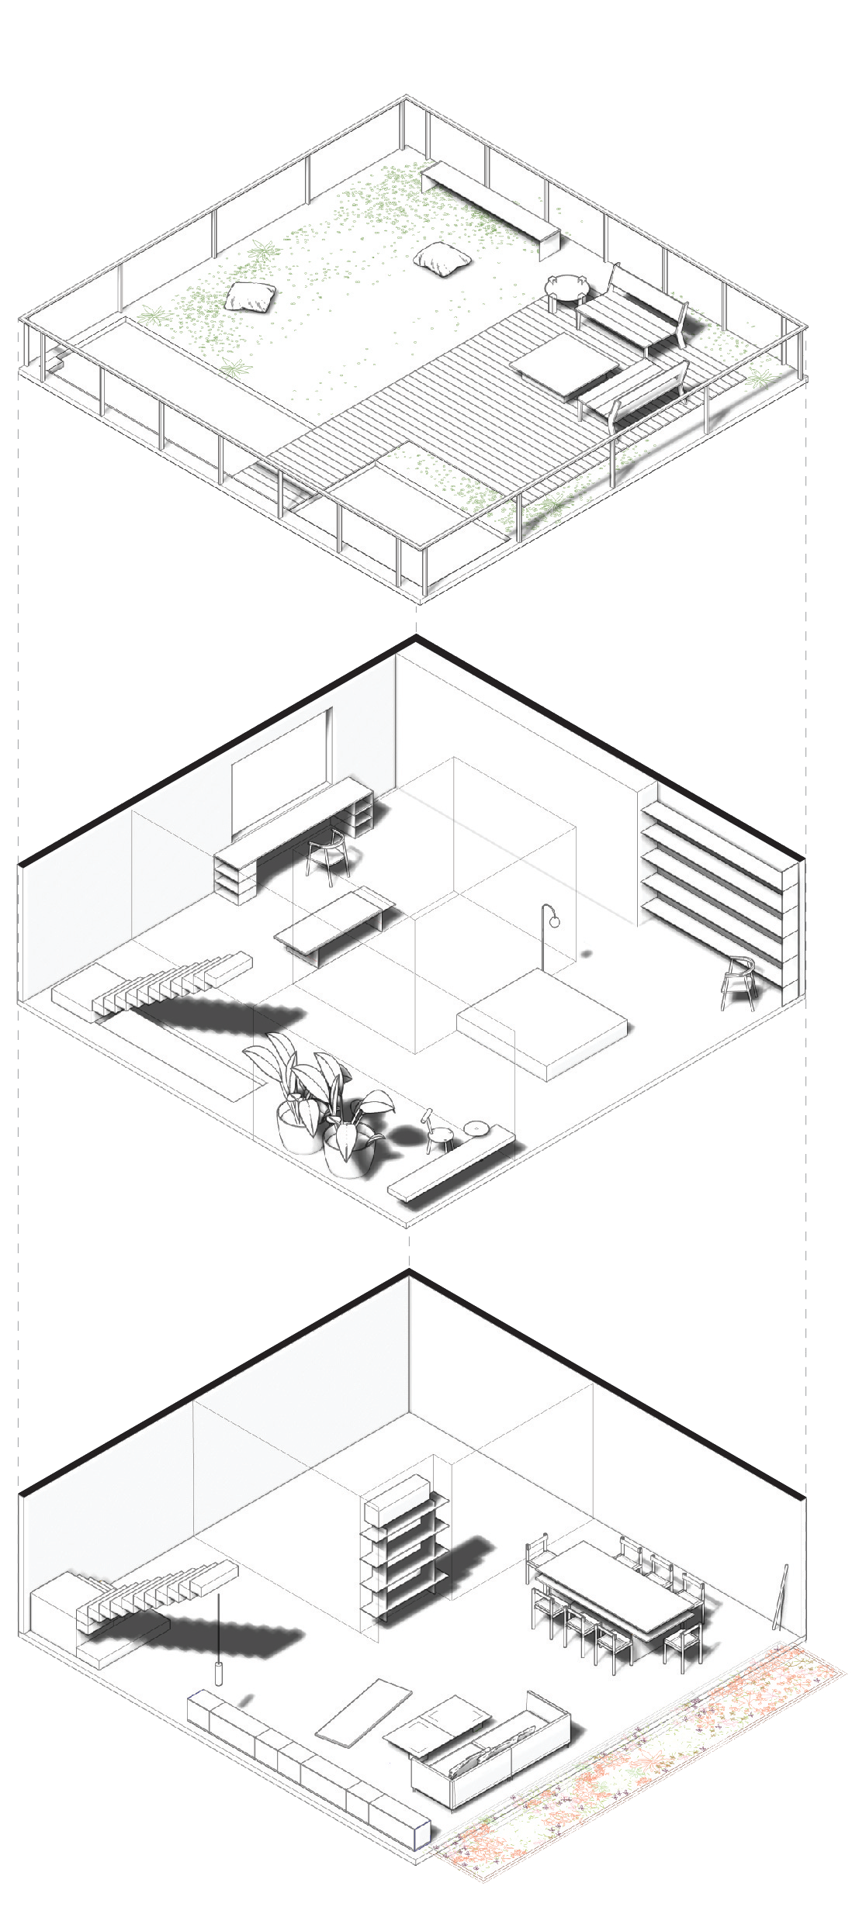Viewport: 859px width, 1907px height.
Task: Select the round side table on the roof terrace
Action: [567, 287]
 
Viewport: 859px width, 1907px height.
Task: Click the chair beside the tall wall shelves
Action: [739, 982]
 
